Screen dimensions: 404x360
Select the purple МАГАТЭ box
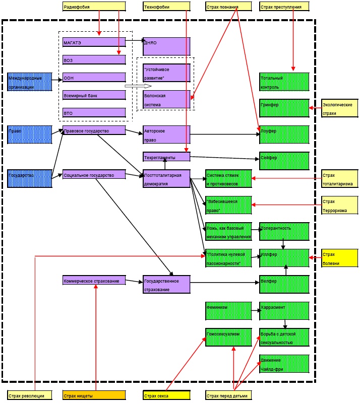94,42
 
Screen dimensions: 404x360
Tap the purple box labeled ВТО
94,112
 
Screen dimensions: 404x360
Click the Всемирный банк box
94,95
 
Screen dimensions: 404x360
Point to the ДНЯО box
166,46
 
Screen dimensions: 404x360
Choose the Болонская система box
166,99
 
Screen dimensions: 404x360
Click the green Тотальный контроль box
284,82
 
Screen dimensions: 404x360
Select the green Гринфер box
284,108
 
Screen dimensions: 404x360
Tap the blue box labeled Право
30,134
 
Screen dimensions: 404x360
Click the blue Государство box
30,178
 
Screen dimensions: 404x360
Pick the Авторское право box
166,134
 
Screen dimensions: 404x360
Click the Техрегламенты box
166,157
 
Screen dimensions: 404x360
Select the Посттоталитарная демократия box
166,179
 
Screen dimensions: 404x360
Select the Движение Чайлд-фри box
284,364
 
